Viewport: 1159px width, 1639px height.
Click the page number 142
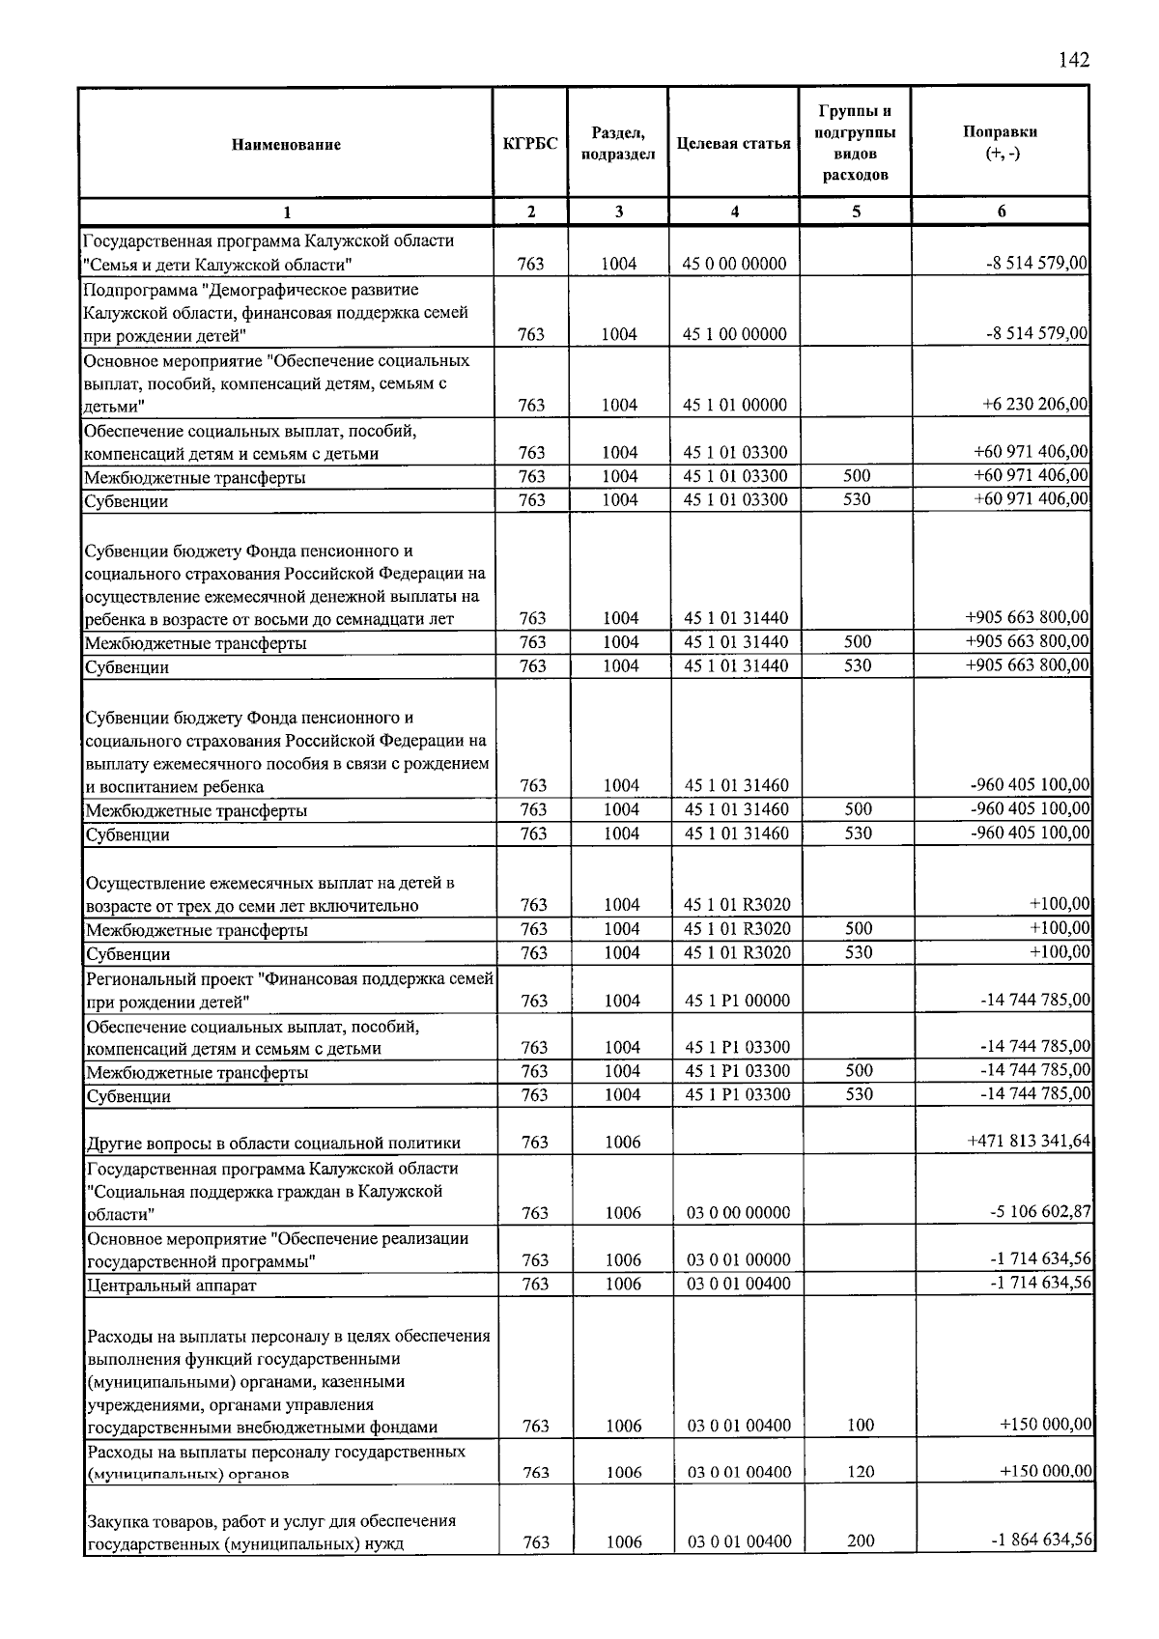coord(1073,60)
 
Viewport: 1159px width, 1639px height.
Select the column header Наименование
coord(286,145)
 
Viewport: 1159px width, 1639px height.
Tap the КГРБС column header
coord(530,145)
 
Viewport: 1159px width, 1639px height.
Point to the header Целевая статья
coord(733,144)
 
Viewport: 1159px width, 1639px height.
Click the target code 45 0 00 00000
coord(734,264)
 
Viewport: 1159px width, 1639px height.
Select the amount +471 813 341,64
coord(1029,1142)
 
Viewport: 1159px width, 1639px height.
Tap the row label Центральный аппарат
coord(171,1286)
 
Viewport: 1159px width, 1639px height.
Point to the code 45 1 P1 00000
coord(736,1001)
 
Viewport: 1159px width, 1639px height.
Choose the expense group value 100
coord(860,1426)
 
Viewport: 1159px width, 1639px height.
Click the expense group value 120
coord(860,1472)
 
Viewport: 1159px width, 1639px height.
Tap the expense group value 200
coord(860,1542)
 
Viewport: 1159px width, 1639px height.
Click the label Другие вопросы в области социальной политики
coord(273,1144)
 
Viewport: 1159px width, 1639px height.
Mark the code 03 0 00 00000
coord(738,1213)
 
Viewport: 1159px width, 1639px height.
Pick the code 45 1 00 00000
coord(734,334)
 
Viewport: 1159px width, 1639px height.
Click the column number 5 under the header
coord(856,212)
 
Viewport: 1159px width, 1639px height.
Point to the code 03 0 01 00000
coord(738,1260)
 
